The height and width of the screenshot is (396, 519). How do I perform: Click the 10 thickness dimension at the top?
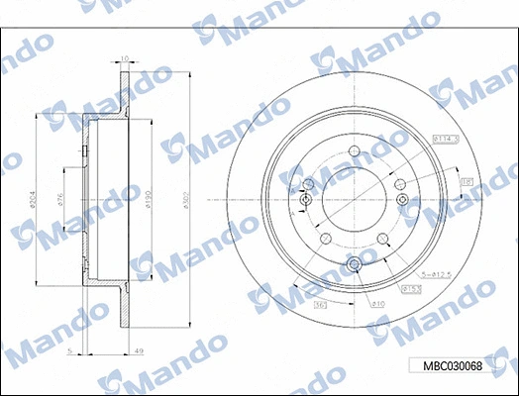click(124, 59)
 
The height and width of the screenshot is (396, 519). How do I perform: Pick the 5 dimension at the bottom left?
click(67, 351)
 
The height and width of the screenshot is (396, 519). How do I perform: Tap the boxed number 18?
click(467, 181)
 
